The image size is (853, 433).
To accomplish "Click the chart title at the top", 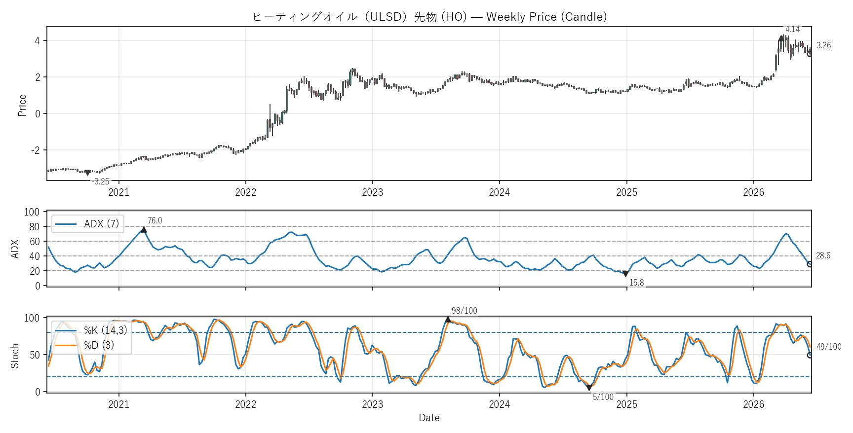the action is (429, 17).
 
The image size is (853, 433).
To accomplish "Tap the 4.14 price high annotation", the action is (792, 29).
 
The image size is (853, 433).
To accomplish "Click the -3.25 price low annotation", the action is (100, 181).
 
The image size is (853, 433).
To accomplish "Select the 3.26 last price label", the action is (823, 45).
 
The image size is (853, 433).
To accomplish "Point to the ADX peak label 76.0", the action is (155, 220).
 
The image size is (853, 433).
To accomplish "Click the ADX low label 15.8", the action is (637, 283).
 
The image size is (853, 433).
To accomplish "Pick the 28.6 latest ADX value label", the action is (823, 255).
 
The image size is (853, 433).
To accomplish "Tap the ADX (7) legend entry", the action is (87, 224).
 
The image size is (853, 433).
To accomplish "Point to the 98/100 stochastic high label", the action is (465, 311).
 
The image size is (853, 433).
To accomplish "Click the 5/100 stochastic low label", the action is (603, 397).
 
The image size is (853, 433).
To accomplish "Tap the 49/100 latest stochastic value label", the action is (829, 347).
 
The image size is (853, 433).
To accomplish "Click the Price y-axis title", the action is (22, 105).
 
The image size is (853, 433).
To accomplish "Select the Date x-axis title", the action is (429, 418).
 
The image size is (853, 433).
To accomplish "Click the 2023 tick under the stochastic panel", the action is (372, 404).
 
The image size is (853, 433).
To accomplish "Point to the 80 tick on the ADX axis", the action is (34, 227).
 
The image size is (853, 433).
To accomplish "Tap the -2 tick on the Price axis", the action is (35, 150).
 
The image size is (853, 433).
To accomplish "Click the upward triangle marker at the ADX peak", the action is (144, 229).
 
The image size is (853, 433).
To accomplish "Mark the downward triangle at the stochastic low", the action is (589, 388).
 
